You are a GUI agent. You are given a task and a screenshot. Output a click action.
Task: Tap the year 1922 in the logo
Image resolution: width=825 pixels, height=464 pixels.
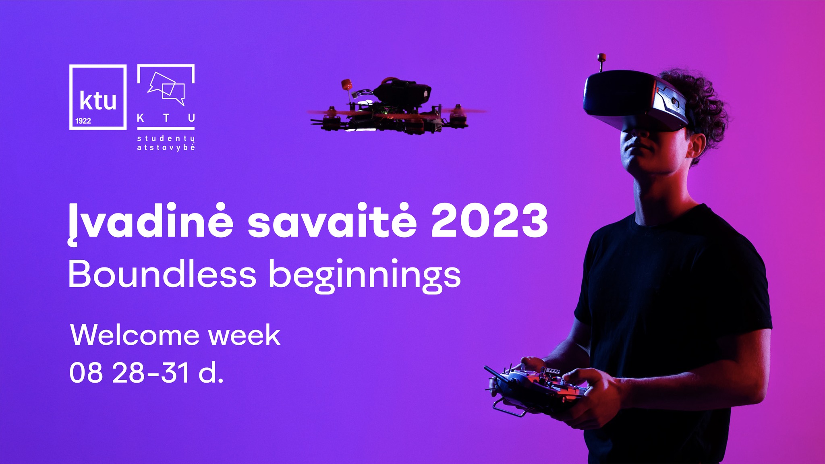pos(83,121)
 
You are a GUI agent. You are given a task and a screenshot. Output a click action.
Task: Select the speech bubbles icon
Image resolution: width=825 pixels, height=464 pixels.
pos(166,88)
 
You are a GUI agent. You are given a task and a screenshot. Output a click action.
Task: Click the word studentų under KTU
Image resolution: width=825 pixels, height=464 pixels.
pos(166,139)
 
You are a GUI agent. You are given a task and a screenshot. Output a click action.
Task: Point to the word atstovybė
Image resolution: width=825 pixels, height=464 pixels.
pos(166,147)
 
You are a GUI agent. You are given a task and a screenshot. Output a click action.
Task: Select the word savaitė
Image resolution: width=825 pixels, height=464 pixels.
pos(332,222)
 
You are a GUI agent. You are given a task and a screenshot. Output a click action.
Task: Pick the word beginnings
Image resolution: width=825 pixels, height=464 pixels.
pos(365,276)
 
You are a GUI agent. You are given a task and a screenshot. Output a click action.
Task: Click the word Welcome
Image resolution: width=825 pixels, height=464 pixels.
pos(135,335)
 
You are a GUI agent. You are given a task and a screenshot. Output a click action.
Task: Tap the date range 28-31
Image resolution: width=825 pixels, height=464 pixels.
pos(151,372)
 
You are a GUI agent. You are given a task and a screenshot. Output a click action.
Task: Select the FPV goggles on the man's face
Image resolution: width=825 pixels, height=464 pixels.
pos(635,101)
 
